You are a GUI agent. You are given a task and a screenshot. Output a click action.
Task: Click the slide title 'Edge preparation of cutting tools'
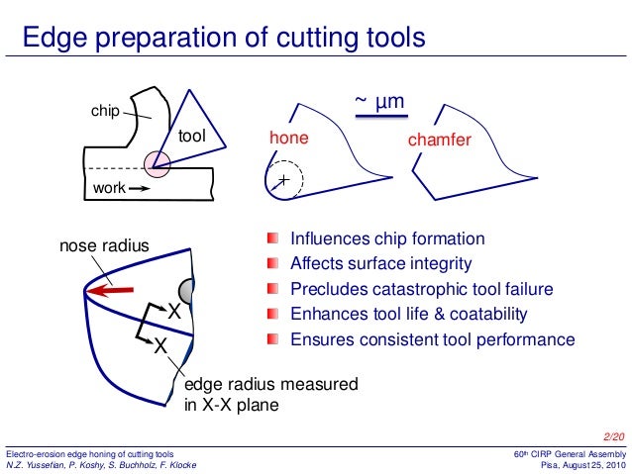(224, 39)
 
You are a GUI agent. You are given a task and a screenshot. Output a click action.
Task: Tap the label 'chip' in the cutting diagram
(104, 112)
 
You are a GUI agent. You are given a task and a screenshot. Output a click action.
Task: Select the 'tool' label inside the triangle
(191, 136)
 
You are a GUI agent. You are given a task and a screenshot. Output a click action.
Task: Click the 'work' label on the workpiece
(108, 187)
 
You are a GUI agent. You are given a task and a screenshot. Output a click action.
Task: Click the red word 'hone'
(289, 140)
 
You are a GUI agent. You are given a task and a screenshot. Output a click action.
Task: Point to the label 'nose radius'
(104, 245)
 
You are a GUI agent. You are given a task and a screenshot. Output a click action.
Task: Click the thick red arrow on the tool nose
(110, 291)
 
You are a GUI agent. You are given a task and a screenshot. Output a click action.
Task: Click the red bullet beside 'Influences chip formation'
(273, 239)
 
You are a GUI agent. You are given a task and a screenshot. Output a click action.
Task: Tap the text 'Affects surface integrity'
(380, 264)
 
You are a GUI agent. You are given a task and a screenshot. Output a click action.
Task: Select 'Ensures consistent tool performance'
(432, 339)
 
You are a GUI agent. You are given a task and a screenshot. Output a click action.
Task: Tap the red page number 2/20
(614, 436)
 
